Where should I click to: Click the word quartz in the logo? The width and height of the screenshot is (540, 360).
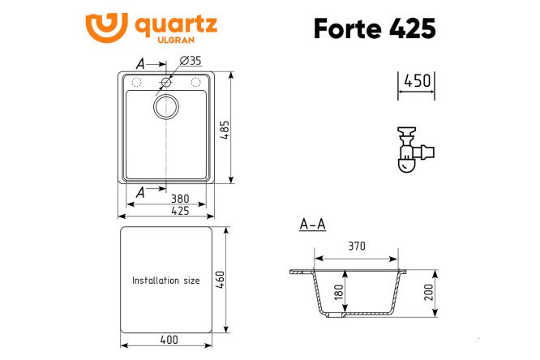coord(174,24)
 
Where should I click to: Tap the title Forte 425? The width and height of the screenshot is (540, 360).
coord(375,28)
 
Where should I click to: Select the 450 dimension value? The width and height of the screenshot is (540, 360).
coord(417,81)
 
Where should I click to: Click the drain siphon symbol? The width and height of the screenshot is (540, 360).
coord(414,149)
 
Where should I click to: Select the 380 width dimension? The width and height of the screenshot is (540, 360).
coord(179,198)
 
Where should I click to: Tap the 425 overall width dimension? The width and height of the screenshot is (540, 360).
coord(179,211)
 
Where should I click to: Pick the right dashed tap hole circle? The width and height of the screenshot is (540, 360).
coord(195,82)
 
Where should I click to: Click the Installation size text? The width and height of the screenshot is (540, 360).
coord(166,281)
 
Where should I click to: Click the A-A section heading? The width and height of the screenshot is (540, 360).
coord(312,225)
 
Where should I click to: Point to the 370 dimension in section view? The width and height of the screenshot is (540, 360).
coord(357,246)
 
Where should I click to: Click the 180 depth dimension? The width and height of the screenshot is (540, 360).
coord(339,293)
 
